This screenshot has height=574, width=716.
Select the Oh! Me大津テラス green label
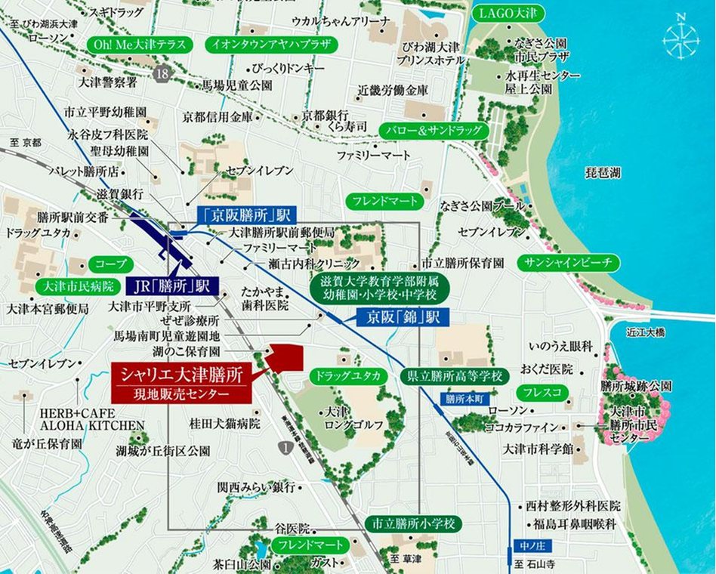(140, 45)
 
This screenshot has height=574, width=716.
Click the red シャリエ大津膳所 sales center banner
(181, 382)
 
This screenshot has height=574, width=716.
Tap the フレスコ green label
(541, 393)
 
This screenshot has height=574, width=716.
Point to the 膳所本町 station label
(462, 397)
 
